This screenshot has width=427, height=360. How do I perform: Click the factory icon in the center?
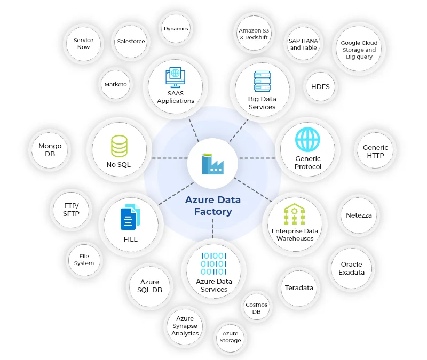212,164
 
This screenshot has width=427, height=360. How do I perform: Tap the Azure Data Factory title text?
212,206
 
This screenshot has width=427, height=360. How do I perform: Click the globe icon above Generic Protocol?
308,140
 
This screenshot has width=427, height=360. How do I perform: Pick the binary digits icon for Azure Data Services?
213,264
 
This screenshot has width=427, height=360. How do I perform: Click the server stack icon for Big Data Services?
262,82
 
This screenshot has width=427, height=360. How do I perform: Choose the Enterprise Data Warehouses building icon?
295,215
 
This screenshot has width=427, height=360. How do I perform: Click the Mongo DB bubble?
50,150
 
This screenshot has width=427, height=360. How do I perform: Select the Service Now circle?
83,44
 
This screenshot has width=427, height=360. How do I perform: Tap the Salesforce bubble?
131,41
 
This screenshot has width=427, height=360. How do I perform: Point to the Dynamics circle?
176,29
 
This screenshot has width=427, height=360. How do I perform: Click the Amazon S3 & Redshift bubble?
254,34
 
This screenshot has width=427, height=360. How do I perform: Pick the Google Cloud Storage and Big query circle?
359,50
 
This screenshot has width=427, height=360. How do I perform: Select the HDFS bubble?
321,86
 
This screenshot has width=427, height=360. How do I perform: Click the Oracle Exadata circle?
352,268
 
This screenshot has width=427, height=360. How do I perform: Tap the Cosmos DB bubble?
257,308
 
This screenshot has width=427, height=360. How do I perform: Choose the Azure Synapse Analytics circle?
185,326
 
